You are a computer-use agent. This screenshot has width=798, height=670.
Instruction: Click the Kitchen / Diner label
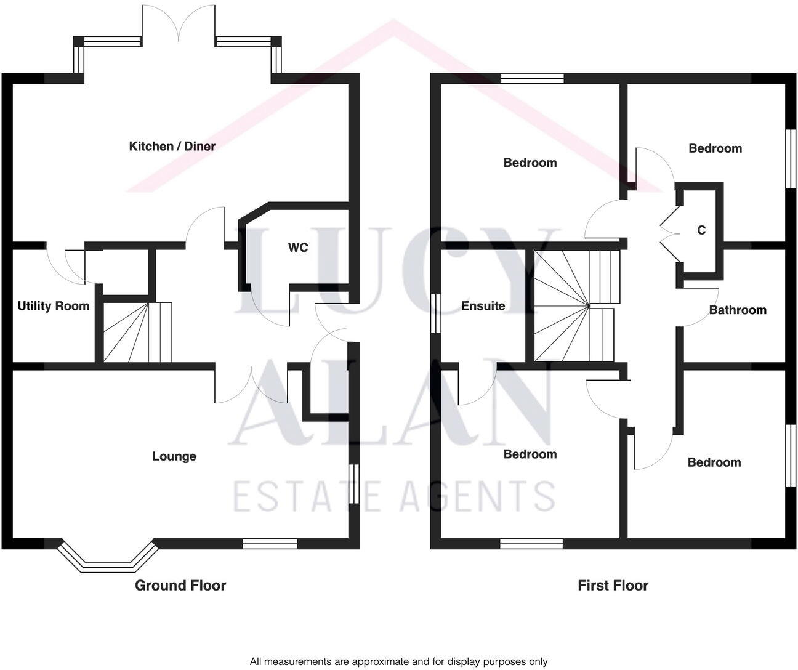coord(172,147)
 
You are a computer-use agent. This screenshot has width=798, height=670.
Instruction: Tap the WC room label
coord(298,248)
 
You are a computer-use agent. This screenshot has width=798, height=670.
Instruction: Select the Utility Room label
coord(54,306)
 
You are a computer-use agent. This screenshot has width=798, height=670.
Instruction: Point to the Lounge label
coord(174,456)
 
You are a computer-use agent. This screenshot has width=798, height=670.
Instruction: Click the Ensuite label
coord(483,306)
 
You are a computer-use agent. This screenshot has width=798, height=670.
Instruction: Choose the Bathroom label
coord(738,310)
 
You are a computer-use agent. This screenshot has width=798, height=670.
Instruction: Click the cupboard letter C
coord(701,230)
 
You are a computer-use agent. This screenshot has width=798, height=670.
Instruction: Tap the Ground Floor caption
coord(180,586)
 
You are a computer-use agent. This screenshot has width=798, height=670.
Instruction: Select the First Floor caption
coord(613,586)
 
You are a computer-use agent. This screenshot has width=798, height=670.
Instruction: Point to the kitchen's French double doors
coord(179,25)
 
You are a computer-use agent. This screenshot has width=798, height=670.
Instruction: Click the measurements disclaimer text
coord(398,662)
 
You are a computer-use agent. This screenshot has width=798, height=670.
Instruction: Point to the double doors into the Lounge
coord(251,385)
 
